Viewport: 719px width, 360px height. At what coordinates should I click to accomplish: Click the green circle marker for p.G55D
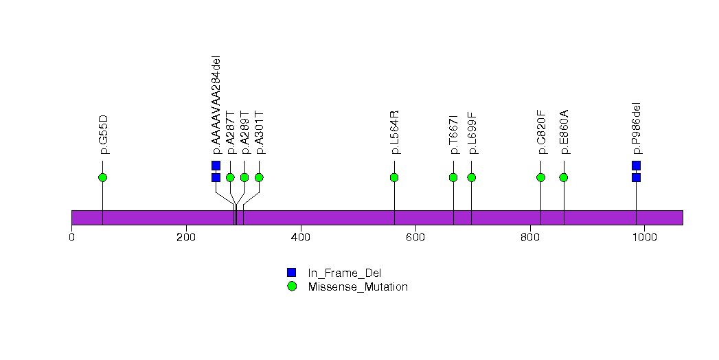(x=102, y=177)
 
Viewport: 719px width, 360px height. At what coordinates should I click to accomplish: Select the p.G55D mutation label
(x=104, y=135)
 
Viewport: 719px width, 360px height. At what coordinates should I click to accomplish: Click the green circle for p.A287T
(x=230, y=177)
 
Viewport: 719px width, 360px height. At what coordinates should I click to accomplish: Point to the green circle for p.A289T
(x=244, y=177)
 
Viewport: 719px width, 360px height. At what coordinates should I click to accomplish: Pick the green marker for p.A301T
(x=259, y=177)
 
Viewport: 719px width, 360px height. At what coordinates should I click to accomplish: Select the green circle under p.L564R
(x=394, y=177)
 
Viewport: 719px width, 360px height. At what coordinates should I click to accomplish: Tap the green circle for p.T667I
(x=453, y=177)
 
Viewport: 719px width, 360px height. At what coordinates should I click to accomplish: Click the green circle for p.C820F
(x=540, y=177)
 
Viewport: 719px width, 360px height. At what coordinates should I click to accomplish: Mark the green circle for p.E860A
(x=564, y=177)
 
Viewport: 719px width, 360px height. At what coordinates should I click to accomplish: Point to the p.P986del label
(x=637, y=128)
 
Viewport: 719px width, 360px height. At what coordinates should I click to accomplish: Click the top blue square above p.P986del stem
(x=636, y=166)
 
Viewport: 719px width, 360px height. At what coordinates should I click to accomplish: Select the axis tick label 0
(x=72, y=238)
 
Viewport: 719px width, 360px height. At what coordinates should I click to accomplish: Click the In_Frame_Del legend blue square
(x=292, y=273)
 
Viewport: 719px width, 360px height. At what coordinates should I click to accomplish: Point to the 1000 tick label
(x=644, y=238)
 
